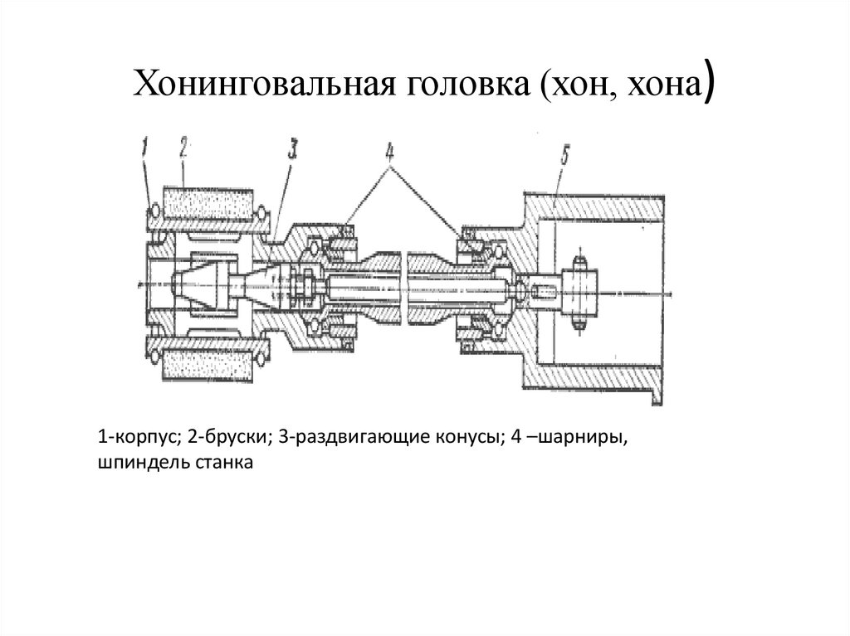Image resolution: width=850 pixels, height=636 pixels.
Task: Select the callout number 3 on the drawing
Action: point(293,149)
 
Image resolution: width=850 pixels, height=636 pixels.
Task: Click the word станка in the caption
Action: point(224,461)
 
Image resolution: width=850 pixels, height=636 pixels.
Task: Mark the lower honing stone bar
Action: point(206,363)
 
